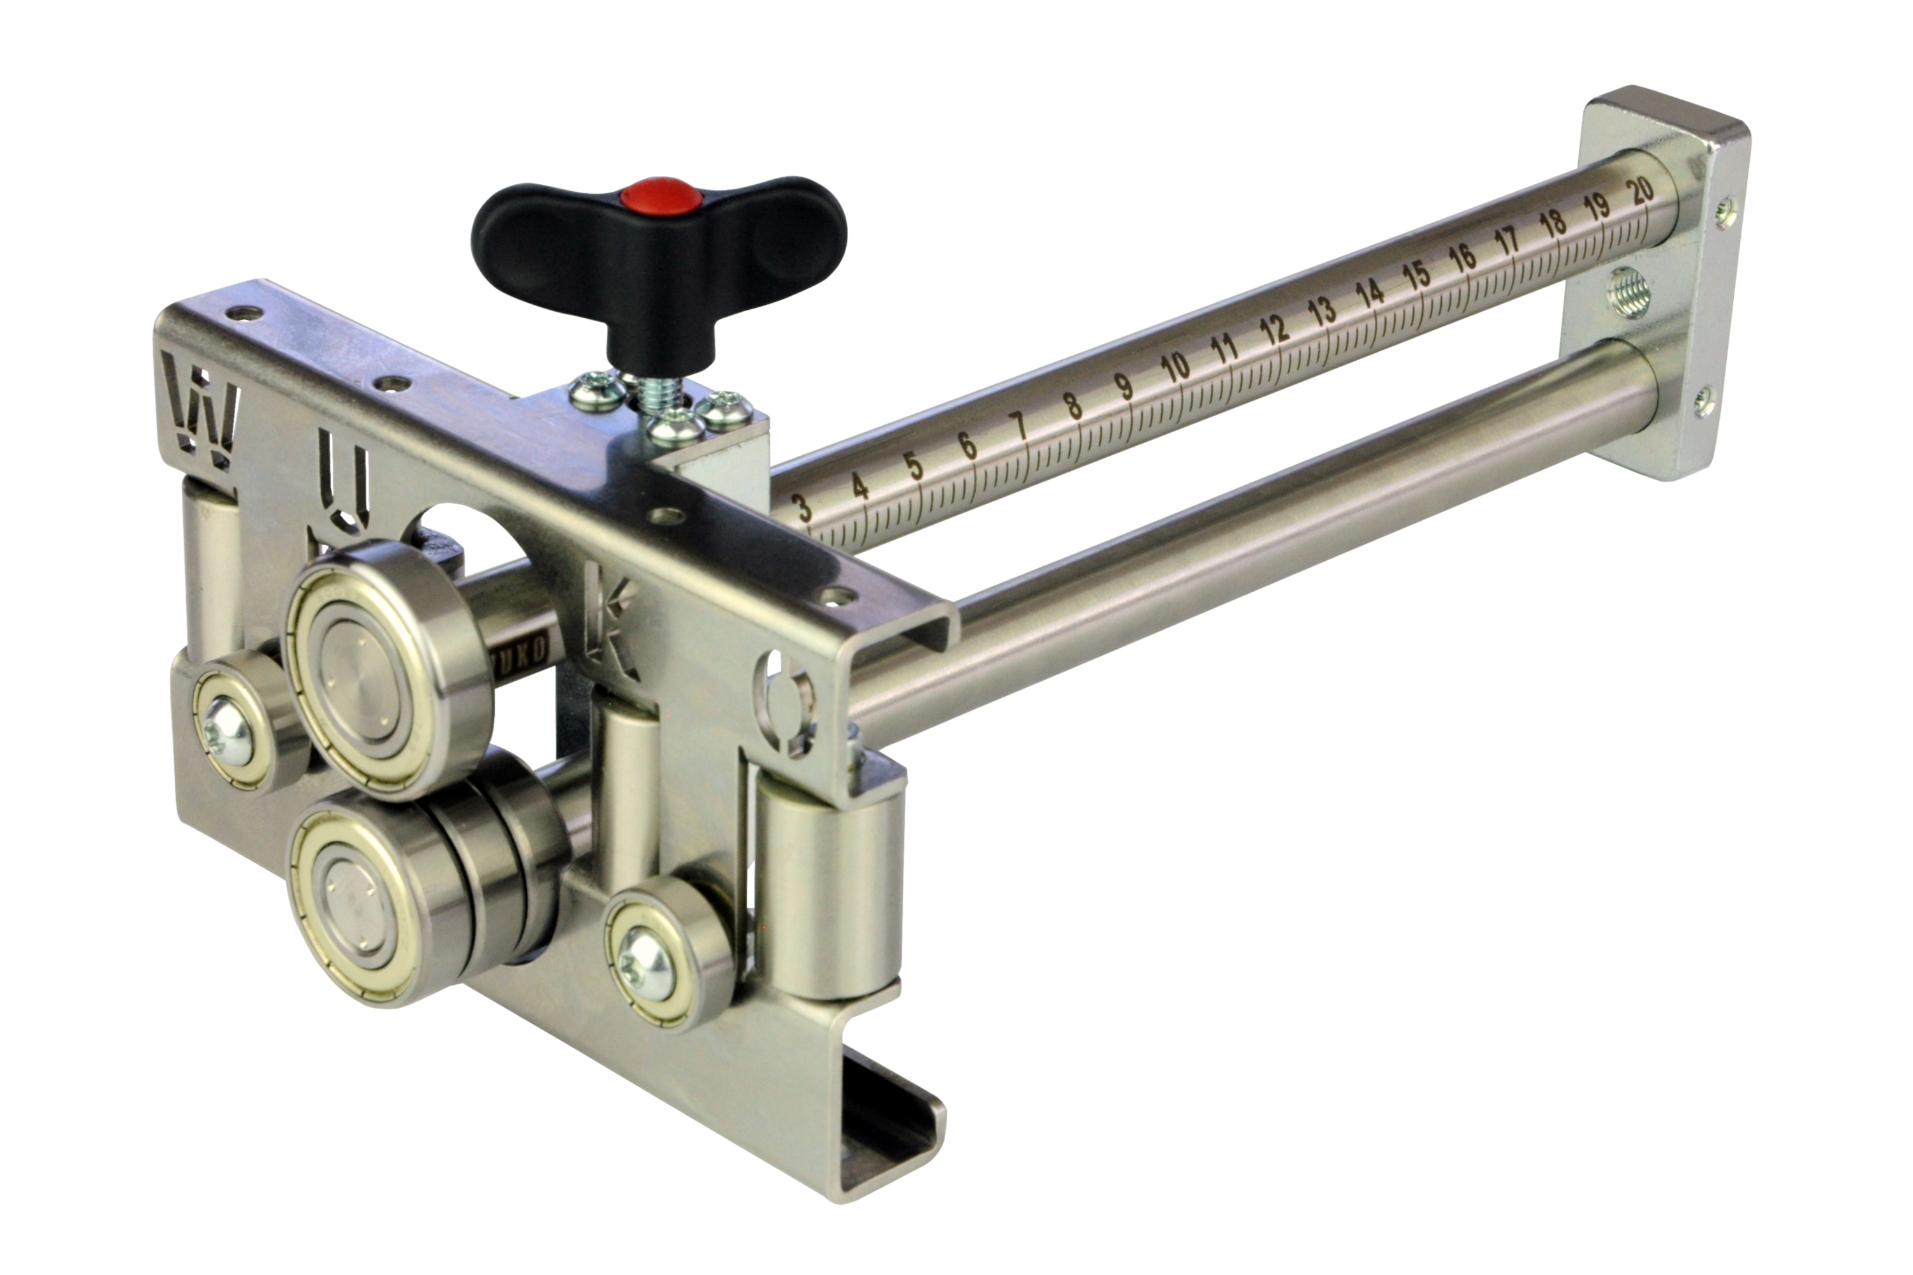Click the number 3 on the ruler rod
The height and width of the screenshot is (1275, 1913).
tap(803, 507)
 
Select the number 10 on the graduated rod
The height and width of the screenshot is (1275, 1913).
tap(1175, 368)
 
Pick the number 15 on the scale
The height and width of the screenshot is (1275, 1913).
tap(1416, 275)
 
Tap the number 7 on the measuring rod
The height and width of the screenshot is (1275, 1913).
tap(1018, 426)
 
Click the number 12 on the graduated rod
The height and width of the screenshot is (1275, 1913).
tap(1273, 330)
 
